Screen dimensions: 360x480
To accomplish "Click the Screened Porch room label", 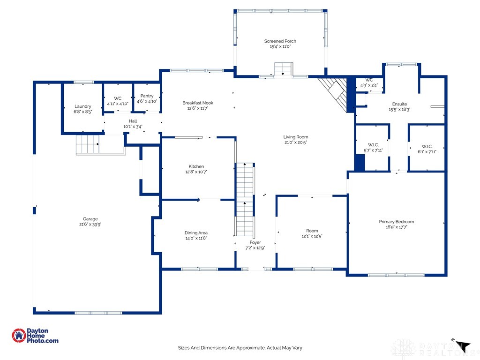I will pos(280,41).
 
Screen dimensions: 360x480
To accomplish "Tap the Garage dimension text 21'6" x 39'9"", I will pos(90,225).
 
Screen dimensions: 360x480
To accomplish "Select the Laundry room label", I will pos(83,106).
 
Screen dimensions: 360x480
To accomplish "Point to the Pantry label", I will pos(147,96).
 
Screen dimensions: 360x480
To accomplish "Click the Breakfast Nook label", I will pos(198,103).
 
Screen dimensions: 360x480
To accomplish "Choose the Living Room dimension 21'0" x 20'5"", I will pos(296,142).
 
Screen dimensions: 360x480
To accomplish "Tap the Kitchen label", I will pos(196,166).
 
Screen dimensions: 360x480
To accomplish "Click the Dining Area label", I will pos(196,232).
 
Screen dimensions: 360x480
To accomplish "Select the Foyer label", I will pos(255,242).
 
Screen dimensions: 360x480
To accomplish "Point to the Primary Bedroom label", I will pos(396,222).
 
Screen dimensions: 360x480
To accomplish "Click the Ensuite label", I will pos(399,104).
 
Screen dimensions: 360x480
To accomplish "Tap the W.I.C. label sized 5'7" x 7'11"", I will pos(373,145).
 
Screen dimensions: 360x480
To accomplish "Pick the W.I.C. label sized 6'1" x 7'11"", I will pos(427,145).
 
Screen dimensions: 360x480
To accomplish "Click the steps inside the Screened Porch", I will pos(283,69).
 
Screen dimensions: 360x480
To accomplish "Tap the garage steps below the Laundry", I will pos(88,143).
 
